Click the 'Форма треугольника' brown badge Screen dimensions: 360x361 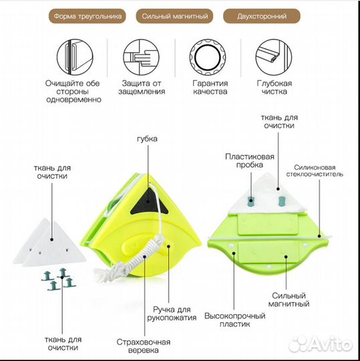coord(87,16)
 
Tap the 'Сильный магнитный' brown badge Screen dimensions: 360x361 coord(174,16)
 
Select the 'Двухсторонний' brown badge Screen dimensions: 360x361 coord(262,16)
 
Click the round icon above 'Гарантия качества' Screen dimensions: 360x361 coord(208,57)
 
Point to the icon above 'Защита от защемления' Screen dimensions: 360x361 coord(141,57)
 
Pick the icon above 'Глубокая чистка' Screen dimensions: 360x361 coord(274,57)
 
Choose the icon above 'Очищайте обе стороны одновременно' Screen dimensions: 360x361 coord(75,57)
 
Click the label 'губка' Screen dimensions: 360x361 coord(147,139)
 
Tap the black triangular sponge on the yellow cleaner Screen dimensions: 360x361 coord(148,203)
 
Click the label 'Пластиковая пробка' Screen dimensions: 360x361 coord(250,160)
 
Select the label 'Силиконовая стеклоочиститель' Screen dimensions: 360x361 coord(315,170)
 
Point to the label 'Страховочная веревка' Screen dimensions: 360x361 coord(144,346)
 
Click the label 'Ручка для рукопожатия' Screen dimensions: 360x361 coord(172,314)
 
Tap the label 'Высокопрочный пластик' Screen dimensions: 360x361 coord(235,320)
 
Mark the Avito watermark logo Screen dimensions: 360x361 coord(321,344)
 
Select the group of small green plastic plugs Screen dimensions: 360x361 coord(59,279)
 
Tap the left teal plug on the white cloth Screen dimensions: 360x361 coord(251,201)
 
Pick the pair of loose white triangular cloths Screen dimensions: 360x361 coord(49,243)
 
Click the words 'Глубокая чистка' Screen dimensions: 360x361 coord(275,88)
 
